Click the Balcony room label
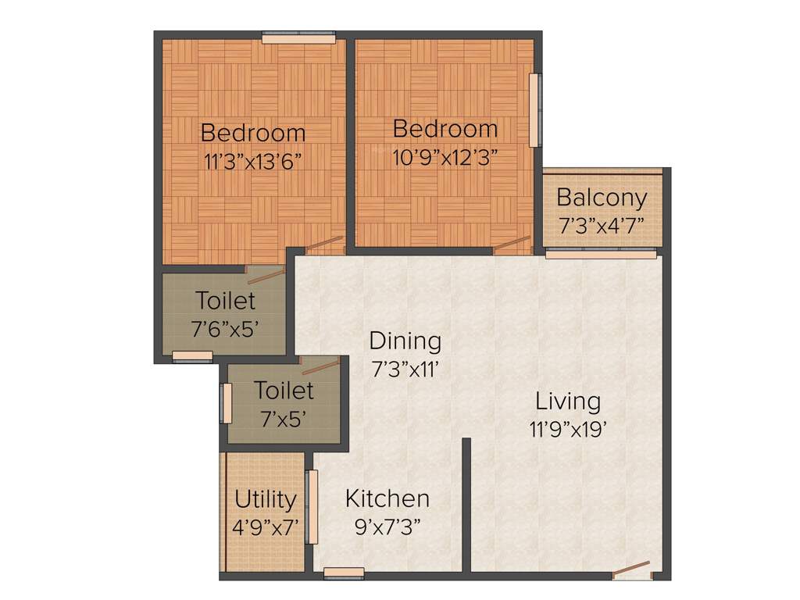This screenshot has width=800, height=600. click(602, 198)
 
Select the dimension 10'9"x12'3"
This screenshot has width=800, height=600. click(445, 155)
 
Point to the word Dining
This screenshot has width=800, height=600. click(405, 341)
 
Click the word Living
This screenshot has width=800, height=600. click(568, 402)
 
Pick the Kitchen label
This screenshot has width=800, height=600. click(387, 498)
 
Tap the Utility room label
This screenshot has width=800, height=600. click(266, 498)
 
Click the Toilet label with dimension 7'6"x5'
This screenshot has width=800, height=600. click(225, 300)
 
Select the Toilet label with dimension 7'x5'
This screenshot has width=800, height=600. click(284, 390)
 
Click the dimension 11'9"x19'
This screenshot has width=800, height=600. click(568, 430)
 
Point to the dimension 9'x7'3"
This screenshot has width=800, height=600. click(387, 526)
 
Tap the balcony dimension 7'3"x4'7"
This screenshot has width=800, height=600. click(602, 226)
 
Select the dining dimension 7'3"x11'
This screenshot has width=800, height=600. click(405, 369)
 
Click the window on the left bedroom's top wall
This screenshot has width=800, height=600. click(298, 37)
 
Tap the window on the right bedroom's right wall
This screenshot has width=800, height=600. click(534, 110)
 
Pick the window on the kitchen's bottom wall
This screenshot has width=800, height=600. click(344, 573)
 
